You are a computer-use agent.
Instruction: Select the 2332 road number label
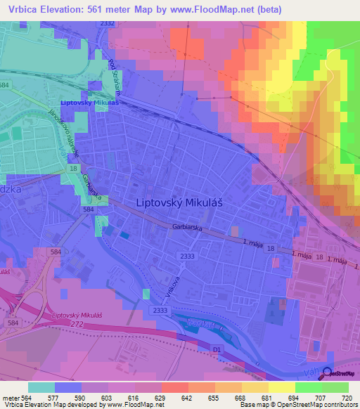(107, 23)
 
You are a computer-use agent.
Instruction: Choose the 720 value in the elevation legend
(345, 397)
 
